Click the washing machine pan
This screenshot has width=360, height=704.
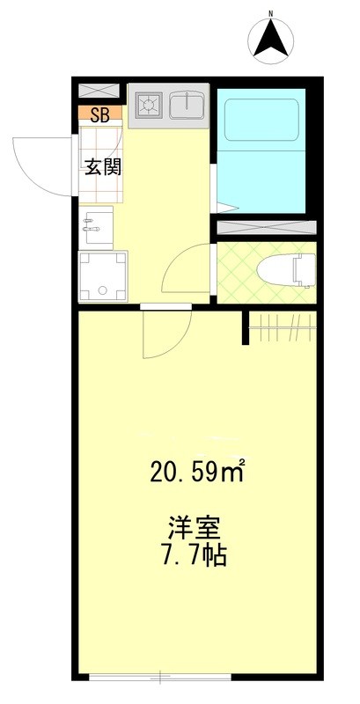102,276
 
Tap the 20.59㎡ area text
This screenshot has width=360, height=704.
194,474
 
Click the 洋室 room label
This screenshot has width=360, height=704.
194,531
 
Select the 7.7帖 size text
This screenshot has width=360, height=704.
194,557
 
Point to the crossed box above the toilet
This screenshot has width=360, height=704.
266,228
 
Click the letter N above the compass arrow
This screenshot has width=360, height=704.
273,12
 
